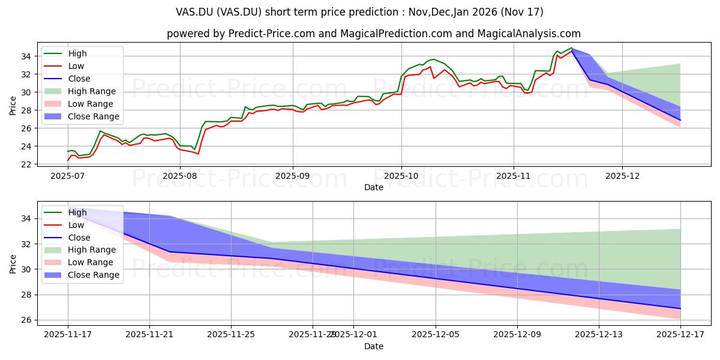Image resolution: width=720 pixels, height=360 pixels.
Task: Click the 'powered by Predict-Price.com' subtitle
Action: click(x=373, y=34)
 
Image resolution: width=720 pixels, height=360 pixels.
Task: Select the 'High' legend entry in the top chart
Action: click(x=77, y=53)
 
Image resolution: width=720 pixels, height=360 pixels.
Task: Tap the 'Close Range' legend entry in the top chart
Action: click(x=94, y=116)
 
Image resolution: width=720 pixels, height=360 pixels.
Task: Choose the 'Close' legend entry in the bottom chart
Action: click(x=79, y=238)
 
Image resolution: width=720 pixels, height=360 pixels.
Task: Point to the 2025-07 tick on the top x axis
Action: click(x=67, y=176)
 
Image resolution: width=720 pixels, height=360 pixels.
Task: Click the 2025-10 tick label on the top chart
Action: click(x=401, y=176)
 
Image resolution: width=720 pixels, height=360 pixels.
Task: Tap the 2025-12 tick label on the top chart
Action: click(x=622, y=176)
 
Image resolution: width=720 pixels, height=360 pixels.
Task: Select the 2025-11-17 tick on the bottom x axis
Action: click(x=67, y=335)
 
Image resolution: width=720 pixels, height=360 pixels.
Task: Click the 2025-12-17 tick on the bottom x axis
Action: click(x=680, y=335)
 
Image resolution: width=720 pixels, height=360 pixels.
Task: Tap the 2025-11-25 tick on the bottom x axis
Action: click(x=231, y=335)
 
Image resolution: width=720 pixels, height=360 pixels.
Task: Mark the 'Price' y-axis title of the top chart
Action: click(x=13, y=106)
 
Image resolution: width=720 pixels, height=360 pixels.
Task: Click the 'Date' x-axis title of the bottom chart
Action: click(x=373, y=346)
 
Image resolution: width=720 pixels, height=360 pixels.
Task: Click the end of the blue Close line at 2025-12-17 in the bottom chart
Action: click(x=680, y=308)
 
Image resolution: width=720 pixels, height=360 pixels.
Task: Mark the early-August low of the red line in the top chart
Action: click(x=198, y=154)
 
